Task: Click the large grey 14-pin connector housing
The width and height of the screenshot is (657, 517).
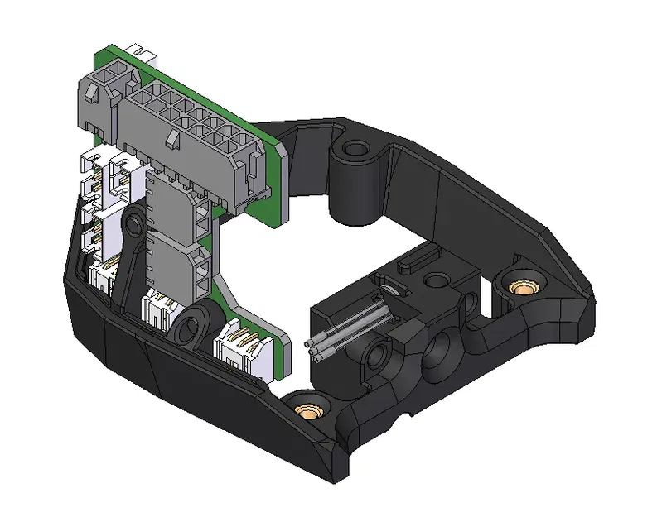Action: [x=191, y=136]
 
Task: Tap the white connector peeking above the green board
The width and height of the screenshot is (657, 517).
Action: [x=144, y=58]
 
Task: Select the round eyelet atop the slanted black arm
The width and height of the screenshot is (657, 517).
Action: [x=131, y=223]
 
